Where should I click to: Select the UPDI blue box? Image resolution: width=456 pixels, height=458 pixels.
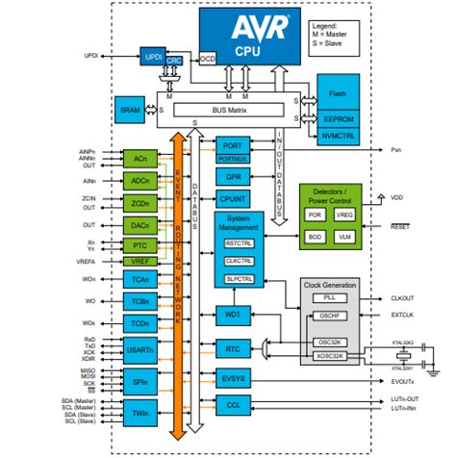coord(152,57)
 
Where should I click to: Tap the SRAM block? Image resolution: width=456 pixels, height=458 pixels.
coord(128,108)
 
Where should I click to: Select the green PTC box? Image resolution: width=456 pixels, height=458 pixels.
coord(139,245)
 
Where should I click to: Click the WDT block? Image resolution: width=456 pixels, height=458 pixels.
coord(232,314)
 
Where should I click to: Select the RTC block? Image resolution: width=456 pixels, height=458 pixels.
coord(232,349)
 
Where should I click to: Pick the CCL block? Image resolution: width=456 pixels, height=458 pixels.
coord(232,405)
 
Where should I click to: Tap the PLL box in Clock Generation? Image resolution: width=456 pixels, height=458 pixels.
coord(330,297)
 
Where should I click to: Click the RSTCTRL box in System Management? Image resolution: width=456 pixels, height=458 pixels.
coord(239,245)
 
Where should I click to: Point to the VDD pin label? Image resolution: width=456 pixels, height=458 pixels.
coord(396,196)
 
